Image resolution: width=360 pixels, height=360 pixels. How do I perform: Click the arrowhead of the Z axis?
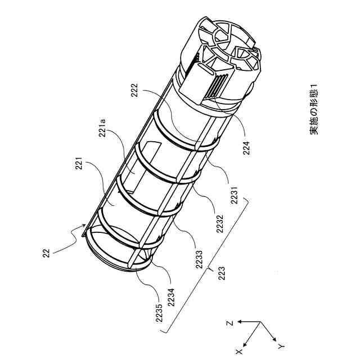tap(238, 321)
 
